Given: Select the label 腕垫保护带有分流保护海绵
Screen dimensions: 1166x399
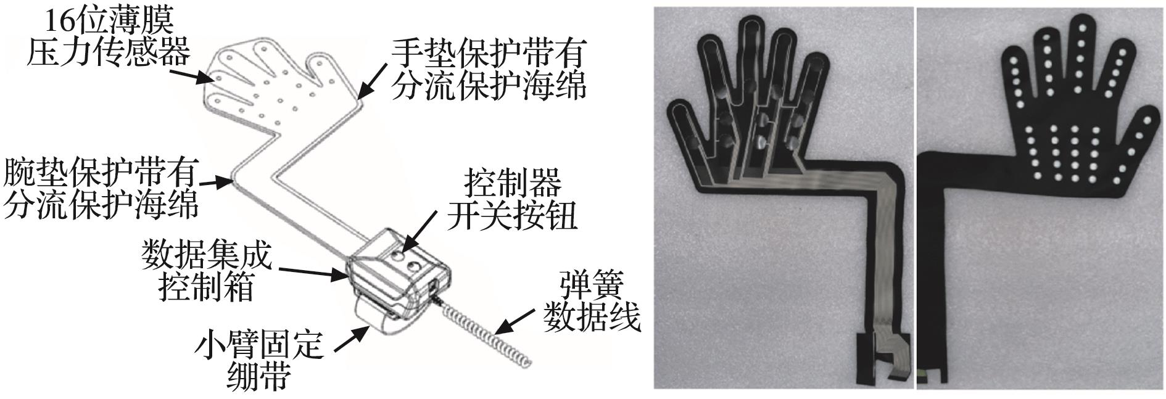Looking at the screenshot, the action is tap(101, 187).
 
